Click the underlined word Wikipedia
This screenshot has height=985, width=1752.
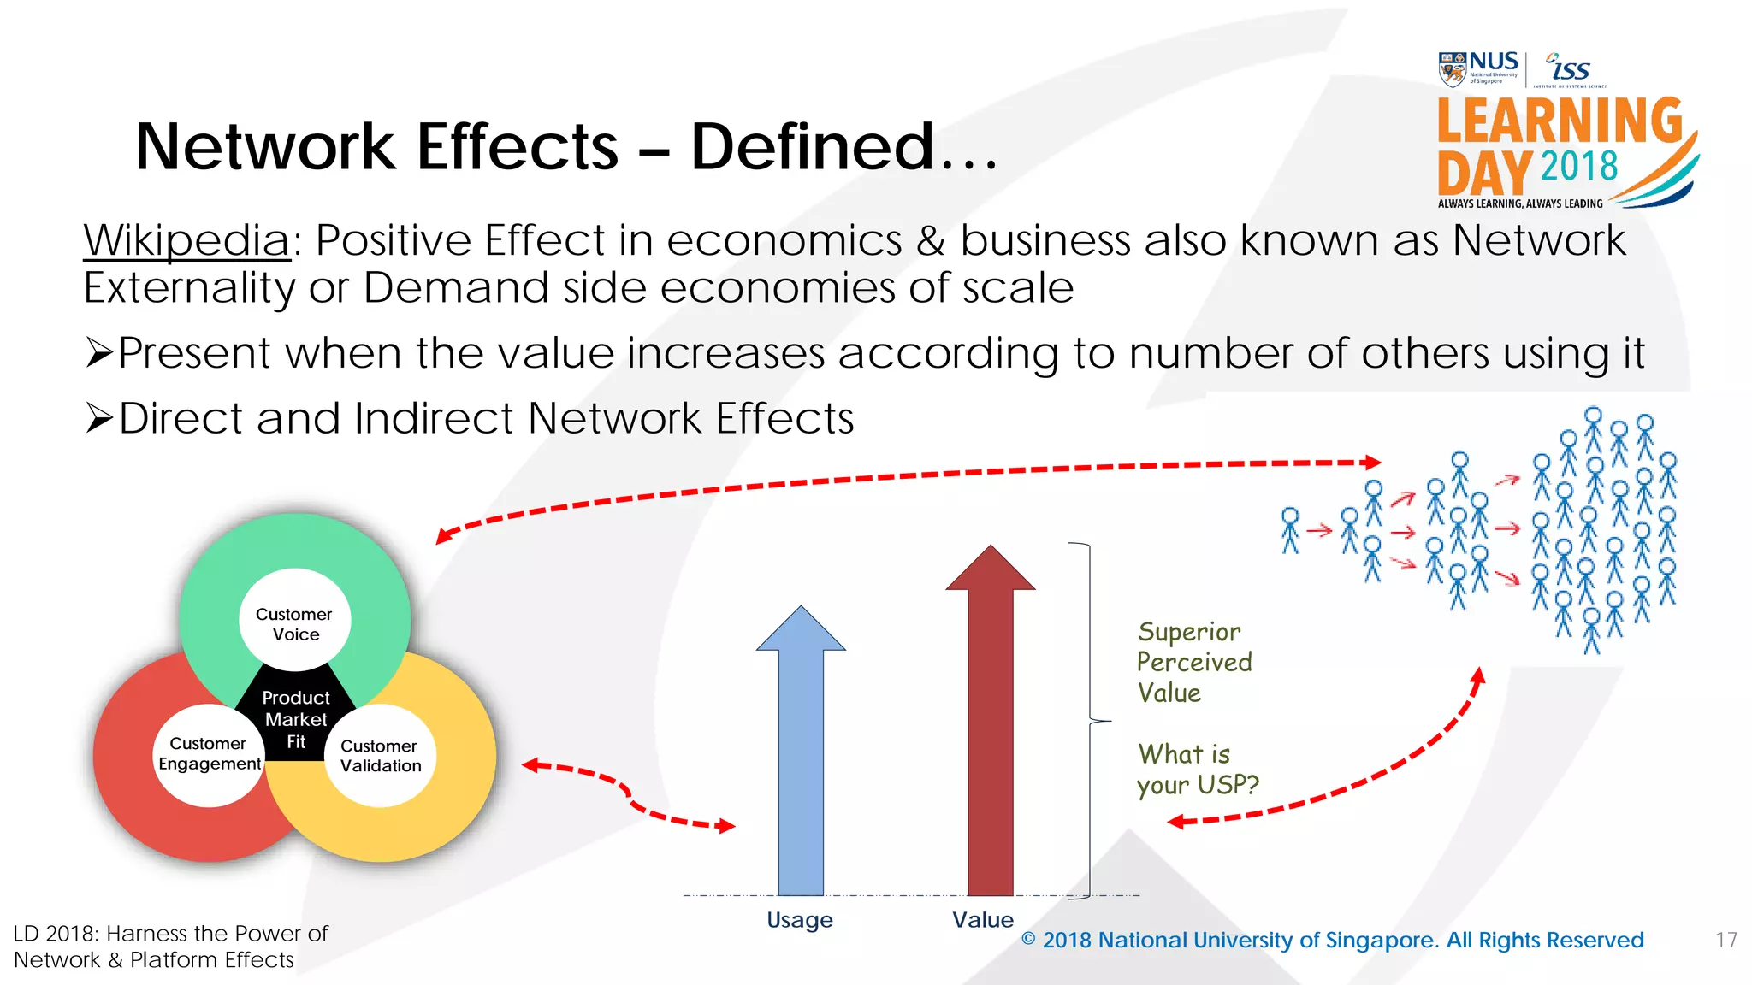186,240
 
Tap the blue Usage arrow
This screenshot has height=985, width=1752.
801,752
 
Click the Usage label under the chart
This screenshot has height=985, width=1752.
799,920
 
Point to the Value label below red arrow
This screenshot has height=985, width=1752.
982,920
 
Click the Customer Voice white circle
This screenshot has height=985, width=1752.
294,624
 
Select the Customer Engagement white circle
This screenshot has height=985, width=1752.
209,754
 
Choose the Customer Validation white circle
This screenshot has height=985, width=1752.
381,756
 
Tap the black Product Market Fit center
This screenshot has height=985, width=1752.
296,718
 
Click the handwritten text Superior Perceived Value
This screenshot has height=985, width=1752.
1193,662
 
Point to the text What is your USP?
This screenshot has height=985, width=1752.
1196,770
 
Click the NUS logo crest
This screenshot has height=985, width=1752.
1452,69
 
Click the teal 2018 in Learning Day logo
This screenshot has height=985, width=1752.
1578,166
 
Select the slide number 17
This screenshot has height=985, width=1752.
1725,941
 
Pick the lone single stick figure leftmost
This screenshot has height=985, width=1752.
1290,530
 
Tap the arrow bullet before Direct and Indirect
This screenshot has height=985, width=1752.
99,418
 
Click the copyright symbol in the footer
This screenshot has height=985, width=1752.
1028,940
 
